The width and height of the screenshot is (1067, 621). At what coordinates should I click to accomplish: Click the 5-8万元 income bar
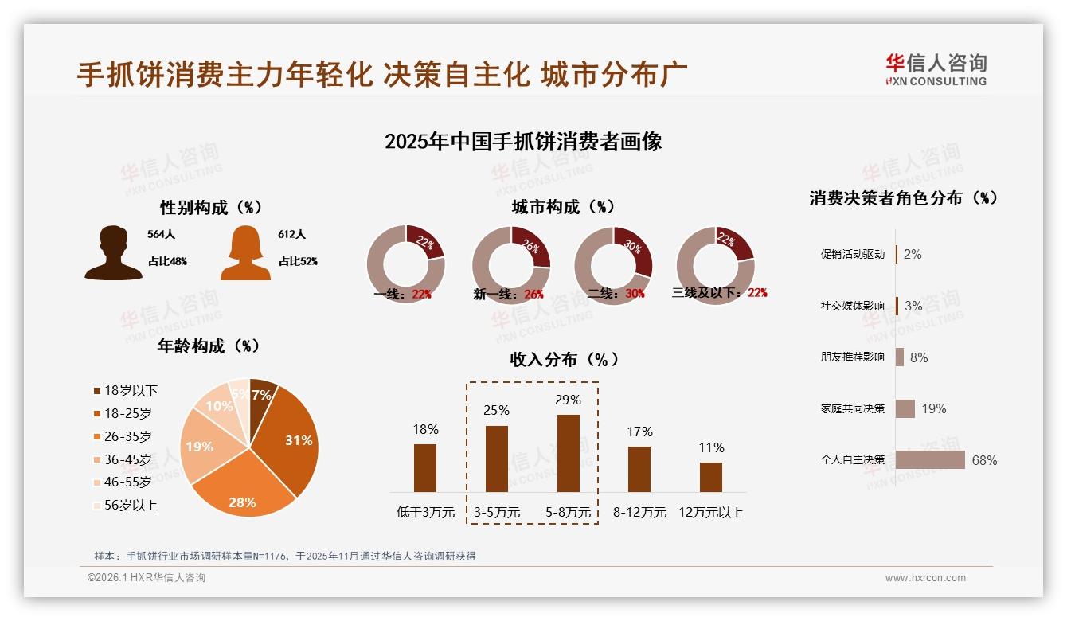[x=568, y=453]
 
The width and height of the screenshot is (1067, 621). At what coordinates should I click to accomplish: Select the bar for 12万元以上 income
[x=711, y=477]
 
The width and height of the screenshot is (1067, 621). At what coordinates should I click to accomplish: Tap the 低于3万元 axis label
[x=425, y=513]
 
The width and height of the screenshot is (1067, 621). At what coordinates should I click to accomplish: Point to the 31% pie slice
[x=291, y=442]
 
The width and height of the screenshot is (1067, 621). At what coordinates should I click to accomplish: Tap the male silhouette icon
[x=113, y=252]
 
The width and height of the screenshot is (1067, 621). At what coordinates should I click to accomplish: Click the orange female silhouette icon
[x=245, y=252]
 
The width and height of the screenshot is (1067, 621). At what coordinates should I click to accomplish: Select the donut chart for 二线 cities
[x=613, y=265]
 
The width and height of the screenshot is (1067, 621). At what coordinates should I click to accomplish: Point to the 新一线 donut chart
[x=511, y=265]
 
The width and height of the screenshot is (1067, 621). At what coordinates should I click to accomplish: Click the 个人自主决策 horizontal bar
[x=930, y=460]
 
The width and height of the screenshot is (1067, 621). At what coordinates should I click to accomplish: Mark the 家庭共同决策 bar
[x=905, y=408]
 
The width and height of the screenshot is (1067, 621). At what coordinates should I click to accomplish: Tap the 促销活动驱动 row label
[x=852, y=255]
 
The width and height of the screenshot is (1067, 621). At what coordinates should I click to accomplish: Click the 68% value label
[x=984, y=460]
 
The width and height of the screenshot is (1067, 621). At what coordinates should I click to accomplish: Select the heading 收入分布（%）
[x=565, y=360]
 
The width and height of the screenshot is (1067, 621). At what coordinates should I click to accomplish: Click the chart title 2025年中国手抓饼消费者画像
[x=523, y=142]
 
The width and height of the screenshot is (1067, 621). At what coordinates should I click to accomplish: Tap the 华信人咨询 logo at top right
[x=936, y=69]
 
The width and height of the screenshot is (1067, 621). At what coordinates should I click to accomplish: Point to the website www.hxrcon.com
[x=925, y=578]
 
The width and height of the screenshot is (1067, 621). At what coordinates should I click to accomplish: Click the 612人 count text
[x=292, y=235]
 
